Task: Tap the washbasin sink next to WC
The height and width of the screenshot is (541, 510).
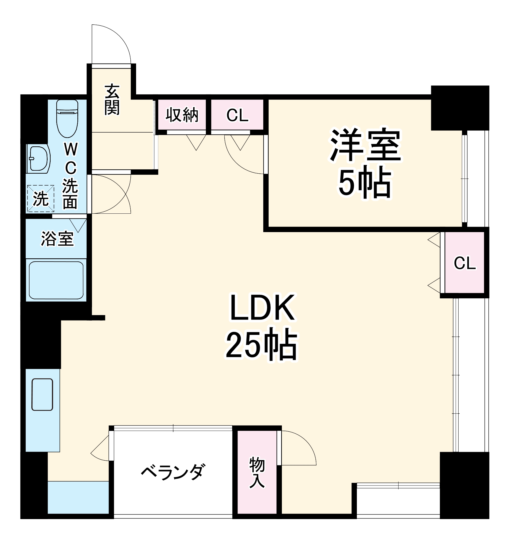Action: (38, 159)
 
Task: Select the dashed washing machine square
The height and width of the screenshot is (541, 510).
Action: (41, 198)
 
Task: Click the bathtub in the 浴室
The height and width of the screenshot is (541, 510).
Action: (56, 280)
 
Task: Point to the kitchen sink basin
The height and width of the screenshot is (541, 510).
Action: (42, 394)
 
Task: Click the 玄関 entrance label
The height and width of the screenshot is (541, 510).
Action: (112, 100)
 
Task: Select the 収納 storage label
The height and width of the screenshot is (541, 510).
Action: (182, 115)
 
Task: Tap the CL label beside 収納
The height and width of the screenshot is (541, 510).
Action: (237, 116)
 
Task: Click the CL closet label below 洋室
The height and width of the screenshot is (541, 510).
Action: (465, 263)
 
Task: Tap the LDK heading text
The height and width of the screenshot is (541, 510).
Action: (262, 308)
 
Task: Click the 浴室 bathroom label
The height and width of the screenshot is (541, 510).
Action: (57, 239)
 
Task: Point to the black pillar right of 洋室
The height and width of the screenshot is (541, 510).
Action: (460, 108)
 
